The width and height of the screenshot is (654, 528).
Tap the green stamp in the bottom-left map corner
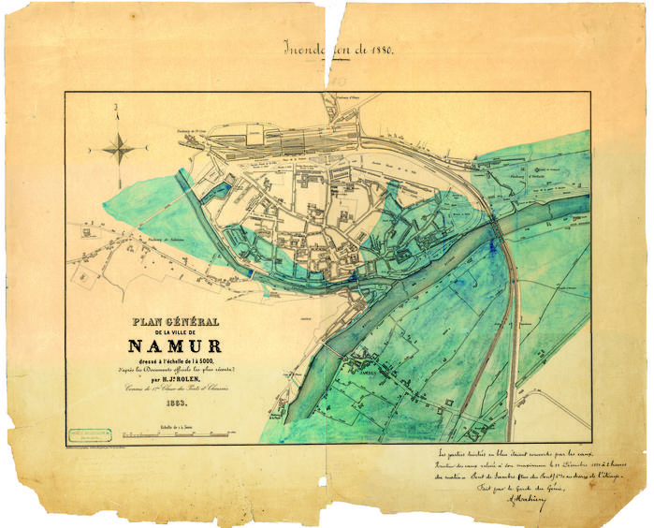click(90, 433)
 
